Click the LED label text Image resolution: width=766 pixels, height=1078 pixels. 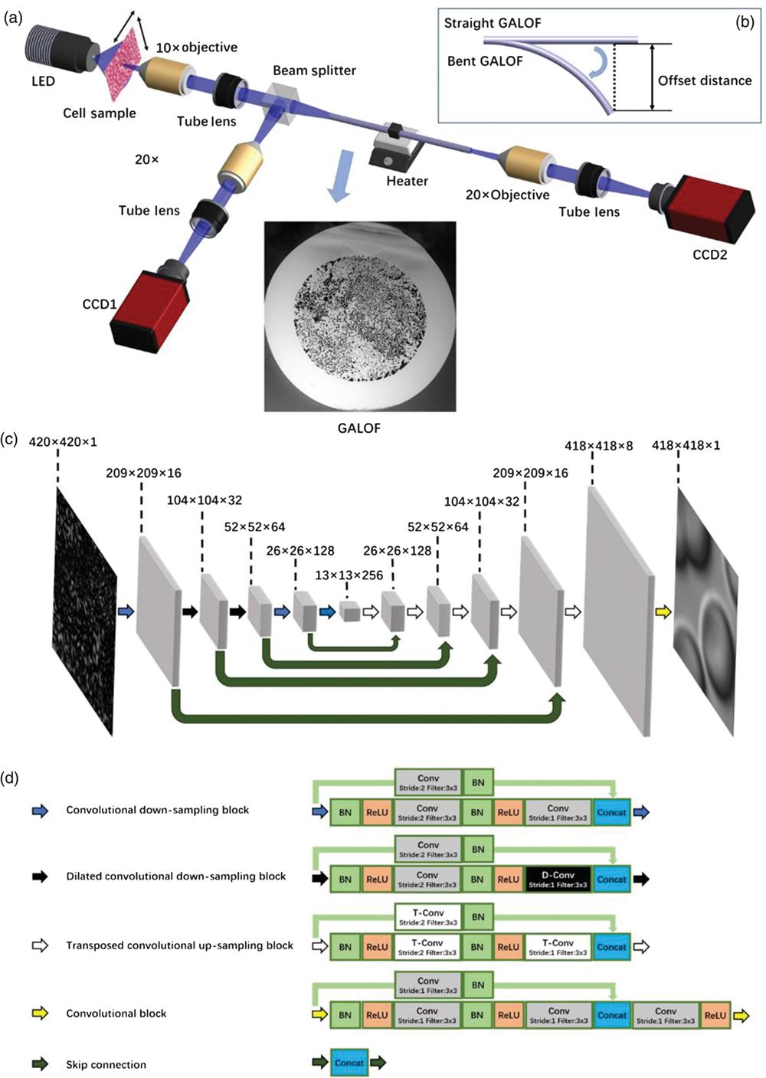click(43, 80)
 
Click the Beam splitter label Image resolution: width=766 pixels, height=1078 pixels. click(314, 70)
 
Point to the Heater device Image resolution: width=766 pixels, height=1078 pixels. click(397, 149)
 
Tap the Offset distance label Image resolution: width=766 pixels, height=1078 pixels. click(705, 80)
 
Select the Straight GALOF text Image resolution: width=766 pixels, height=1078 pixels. click(493, 23)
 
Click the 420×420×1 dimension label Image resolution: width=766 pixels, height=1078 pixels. click(63, 442)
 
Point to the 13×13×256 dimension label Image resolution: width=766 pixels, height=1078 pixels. click(349, 575)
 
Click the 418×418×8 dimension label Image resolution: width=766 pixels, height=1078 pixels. click(598, 445)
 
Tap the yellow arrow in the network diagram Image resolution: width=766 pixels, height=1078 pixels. click(663, 611)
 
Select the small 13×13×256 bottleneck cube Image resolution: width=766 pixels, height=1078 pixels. click(349, 611)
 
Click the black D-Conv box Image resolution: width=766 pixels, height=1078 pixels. click(558, 880)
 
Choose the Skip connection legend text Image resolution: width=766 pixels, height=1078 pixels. click(106, 1064)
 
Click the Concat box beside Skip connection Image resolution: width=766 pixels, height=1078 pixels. click(349, 1063)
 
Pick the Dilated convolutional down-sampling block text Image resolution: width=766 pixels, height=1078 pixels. click(175, 876)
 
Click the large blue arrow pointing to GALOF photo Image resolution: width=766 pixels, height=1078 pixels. click(339, 175)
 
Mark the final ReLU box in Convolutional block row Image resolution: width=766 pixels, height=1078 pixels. click(715, 1015)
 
